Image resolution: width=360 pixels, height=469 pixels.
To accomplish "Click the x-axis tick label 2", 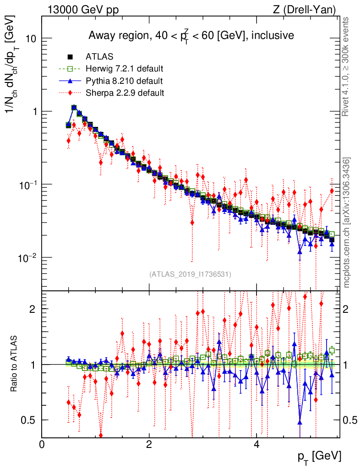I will pos(149,444).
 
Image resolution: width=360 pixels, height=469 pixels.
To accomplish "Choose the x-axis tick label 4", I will pos(256,444).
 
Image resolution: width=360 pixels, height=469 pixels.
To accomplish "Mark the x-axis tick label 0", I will pos(42,444).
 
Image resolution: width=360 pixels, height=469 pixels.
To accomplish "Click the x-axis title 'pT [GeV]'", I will pos(319,457).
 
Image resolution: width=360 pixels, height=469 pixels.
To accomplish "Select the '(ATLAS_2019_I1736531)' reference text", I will pos(190,274).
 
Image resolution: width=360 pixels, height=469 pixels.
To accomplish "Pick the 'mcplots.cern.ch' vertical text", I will pos(347,223).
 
